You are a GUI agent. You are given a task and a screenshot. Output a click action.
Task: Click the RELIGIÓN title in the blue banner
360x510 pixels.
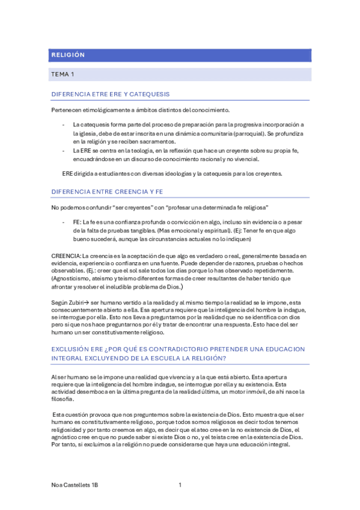tap(68, 55)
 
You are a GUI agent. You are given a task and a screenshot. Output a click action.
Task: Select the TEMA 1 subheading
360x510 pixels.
tap(63, 75)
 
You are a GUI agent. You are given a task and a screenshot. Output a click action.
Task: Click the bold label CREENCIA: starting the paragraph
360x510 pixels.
tap(66, 256)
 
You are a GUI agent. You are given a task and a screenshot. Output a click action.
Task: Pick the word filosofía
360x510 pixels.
tap(63, 399)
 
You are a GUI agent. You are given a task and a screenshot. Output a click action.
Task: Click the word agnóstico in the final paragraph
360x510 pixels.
tap(64, 438)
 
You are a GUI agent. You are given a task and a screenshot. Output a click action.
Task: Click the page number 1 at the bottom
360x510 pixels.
tap(180, 485)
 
